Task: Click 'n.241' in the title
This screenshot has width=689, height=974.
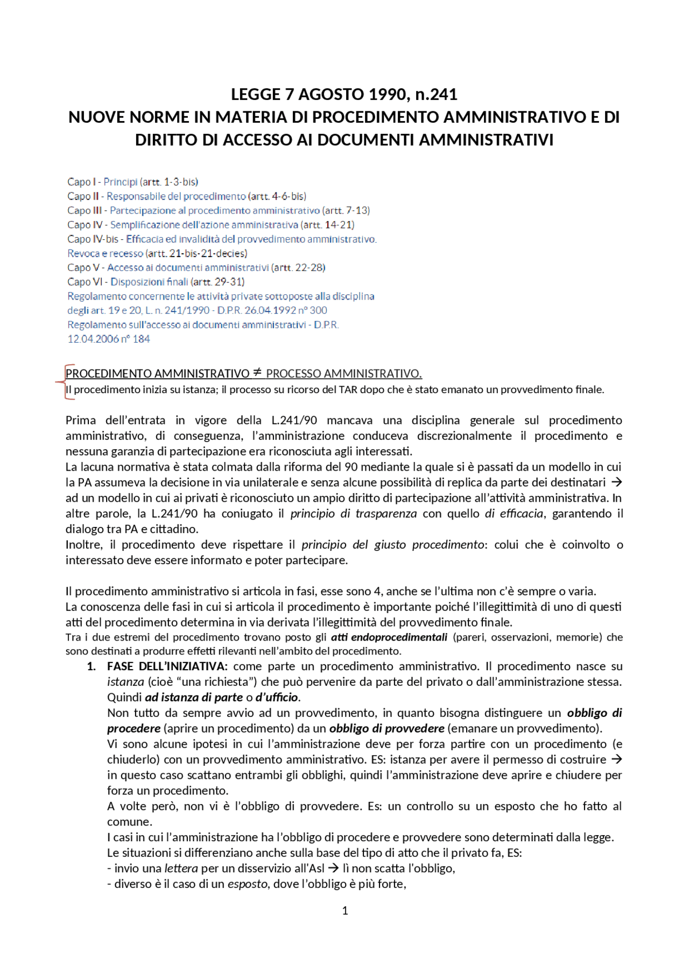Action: (436, 95)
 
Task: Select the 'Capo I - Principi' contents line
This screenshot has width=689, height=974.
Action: (132, 182)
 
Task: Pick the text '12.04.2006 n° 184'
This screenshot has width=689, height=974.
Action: (108, 339)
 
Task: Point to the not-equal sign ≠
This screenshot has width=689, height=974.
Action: (257, 372)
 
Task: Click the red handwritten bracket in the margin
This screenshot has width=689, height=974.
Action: (65, 382)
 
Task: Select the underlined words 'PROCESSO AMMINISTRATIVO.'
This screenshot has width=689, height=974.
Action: (343, 373)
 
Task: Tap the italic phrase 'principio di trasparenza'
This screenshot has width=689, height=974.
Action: (353, 514)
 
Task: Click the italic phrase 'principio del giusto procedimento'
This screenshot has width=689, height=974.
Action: (392, 545)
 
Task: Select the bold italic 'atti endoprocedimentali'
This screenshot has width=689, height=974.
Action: (389, 637)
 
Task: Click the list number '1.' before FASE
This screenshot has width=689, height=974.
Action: (92, 666)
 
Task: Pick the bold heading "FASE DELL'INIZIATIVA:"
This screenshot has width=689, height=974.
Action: (167, 666)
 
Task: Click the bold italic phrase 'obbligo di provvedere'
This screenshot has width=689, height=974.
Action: (386, 729)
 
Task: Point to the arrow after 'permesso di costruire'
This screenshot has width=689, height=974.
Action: (617, 759)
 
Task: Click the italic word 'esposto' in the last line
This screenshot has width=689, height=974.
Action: (247, 884)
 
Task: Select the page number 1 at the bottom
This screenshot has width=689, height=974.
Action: (345, 911)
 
